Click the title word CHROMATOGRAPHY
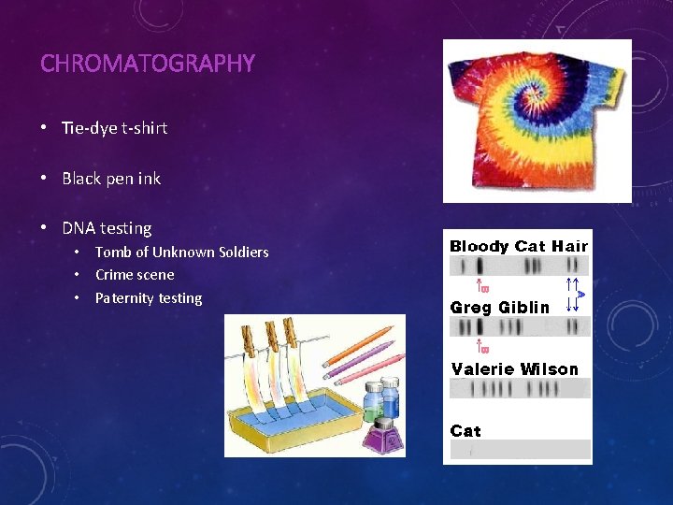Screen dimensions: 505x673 tap(148, 64)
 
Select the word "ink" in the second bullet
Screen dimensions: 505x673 tap(150, 178)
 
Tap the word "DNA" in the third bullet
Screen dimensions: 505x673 tap(79, 228)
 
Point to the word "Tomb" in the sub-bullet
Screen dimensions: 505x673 tap(113, 252)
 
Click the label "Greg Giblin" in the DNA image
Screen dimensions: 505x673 tap(500, 307)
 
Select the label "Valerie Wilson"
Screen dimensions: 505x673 tap(515, 369)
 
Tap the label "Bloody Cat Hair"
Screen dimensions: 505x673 tap(519, 247)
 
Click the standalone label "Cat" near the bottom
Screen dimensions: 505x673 tap(465, 431)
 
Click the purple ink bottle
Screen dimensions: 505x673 tap(381, 432)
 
